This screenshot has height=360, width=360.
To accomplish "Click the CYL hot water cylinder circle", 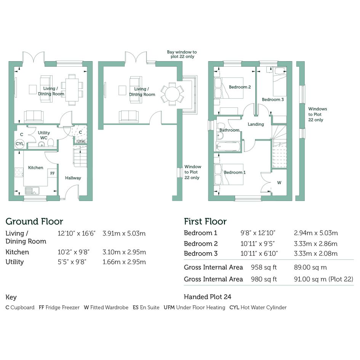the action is point(19,144).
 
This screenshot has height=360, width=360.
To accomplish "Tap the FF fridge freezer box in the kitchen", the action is point(52,173).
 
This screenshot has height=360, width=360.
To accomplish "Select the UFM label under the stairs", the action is point(81,142).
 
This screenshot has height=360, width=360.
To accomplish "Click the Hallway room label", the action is point(73,178).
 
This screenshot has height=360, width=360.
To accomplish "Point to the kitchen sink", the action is point(32,191).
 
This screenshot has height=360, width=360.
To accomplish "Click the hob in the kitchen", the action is point(19,173).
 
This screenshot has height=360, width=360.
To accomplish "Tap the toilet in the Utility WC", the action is point(51,142).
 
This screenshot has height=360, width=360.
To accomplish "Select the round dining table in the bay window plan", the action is point(172,94).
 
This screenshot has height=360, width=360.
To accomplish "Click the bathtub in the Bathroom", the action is point(228,147).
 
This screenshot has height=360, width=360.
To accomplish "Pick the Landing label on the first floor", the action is point(256,124).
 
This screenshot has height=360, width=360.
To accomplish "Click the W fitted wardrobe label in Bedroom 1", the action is point(279,183).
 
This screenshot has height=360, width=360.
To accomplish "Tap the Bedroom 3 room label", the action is point(273,99).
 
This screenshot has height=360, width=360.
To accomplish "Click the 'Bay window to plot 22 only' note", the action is point(182,54).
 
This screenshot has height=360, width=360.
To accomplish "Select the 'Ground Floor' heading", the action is point(34,222).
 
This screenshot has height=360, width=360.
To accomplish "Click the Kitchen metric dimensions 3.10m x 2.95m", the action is point(124,252).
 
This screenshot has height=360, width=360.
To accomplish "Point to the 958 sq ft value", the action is point(264,267).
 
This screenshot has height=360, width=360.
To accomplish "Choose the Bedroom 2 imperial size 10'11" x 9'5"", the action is point(258,243).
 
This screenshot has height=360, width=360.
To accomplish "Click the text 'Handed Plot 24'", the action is point(208,297).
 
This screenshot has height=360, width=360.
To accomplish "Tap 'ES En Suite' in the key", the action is point(146,307).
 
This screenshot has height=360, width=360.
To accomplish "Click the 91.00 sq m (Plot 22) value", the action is point(324,279).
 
